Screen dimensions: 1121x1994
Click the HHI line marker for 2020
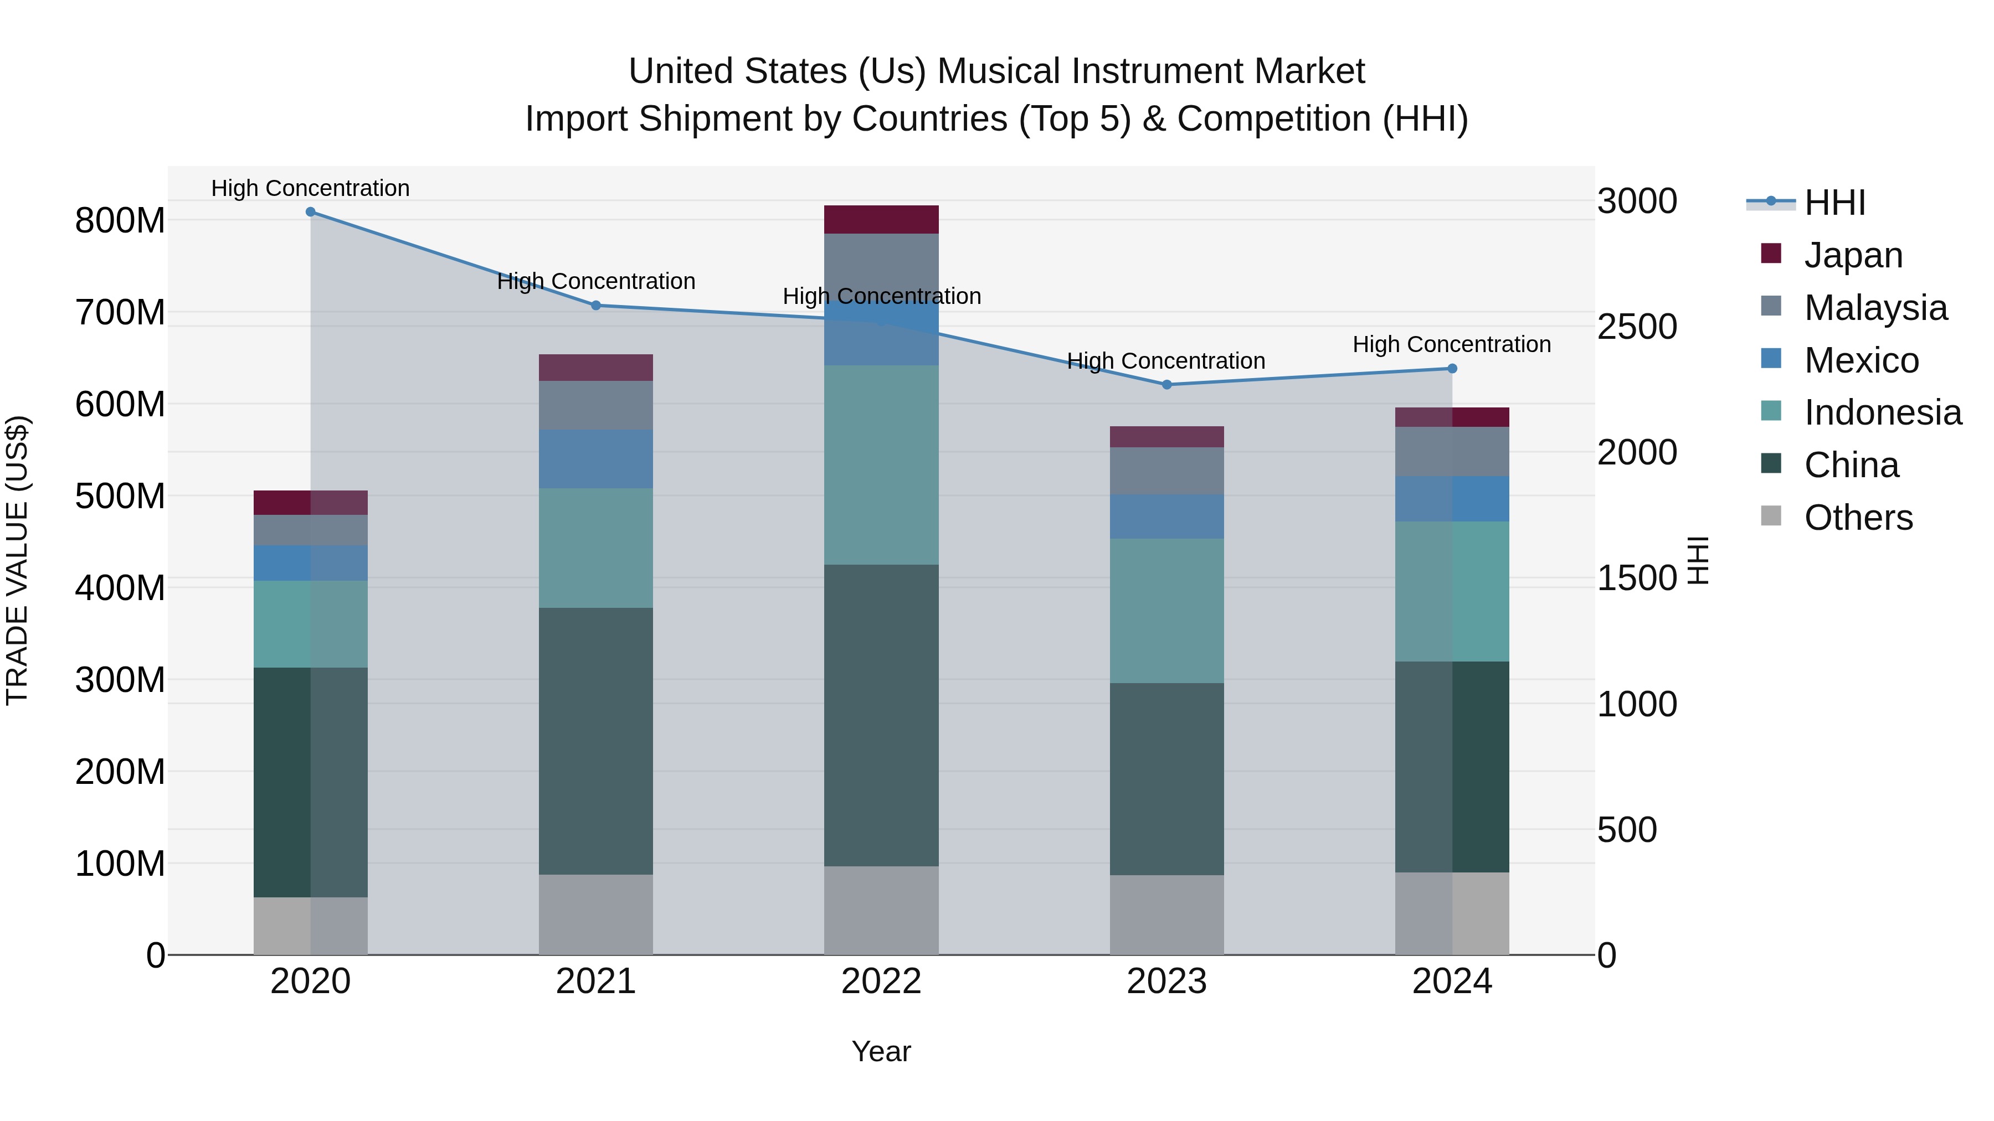point(310,212)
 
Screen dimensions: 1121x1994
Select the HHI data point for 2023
point(1166,385)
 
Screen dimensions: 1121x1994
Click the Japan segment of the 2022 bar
point(881,220)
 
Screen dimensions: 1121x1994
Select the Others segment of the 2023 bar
point(1166,915)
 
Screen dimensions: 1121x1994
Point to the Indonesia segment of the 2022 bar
point(881,464)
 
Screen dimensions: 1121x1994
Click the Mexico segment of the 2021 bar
point(595,459)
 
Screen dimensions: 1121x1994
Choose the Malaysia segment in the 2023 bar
point(1166,471)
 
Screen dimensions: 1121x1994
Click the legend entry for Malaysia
point(1874,308)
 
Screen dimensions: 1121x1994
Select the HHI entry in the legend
point(1834,203)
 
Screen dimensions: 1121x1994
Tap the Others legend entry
point(1857,518)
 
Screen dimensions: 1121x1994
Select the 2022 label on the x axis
point(881,981)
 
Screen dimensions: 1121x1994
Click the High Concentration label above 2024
point(1451,344)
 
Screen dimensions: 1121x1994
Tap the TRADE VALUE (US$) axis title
point(17,560)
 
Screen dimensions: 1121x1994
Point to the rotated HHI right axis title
point(1697,560)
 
